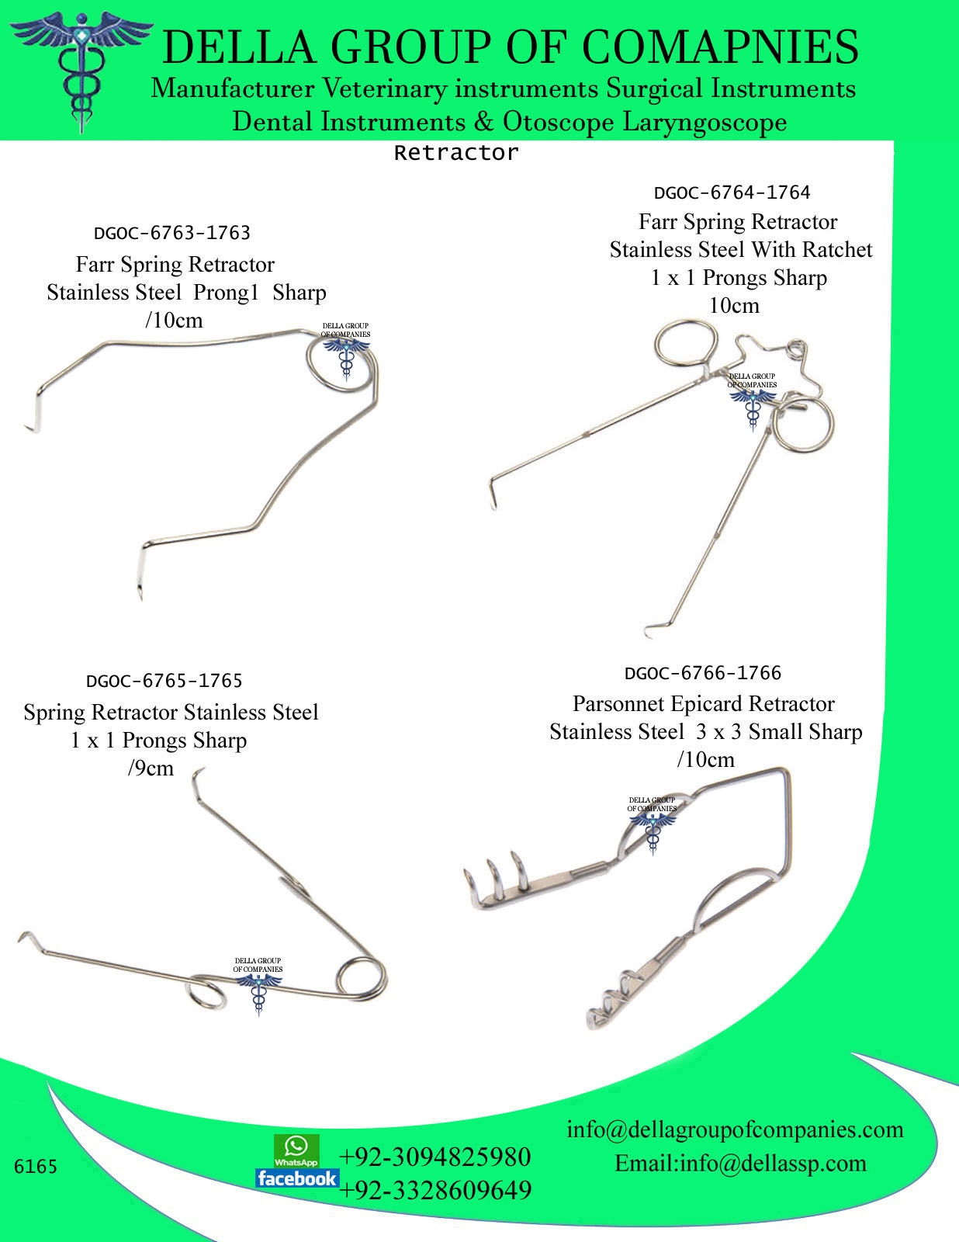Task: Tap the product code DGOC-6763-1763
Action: pos(171,233)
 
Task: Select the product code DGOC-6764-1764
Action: pos(732,193)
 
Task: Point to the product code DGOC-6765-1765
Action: pos(164,681)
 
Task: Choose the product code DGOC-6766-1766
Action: pos(702,673)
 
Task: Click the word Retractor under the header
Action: pos(455,153)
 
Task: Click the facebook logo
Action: pos(297,1178)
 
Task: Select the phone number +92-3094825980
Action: pos(435,1157)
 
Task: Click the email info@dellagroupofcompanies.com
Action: pos(735,1129)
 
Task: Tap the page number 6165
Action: pos(36,1167)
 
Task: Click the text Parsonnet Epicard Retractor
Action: pos(703,704)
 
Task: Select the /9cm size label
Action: pos(150,768)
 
